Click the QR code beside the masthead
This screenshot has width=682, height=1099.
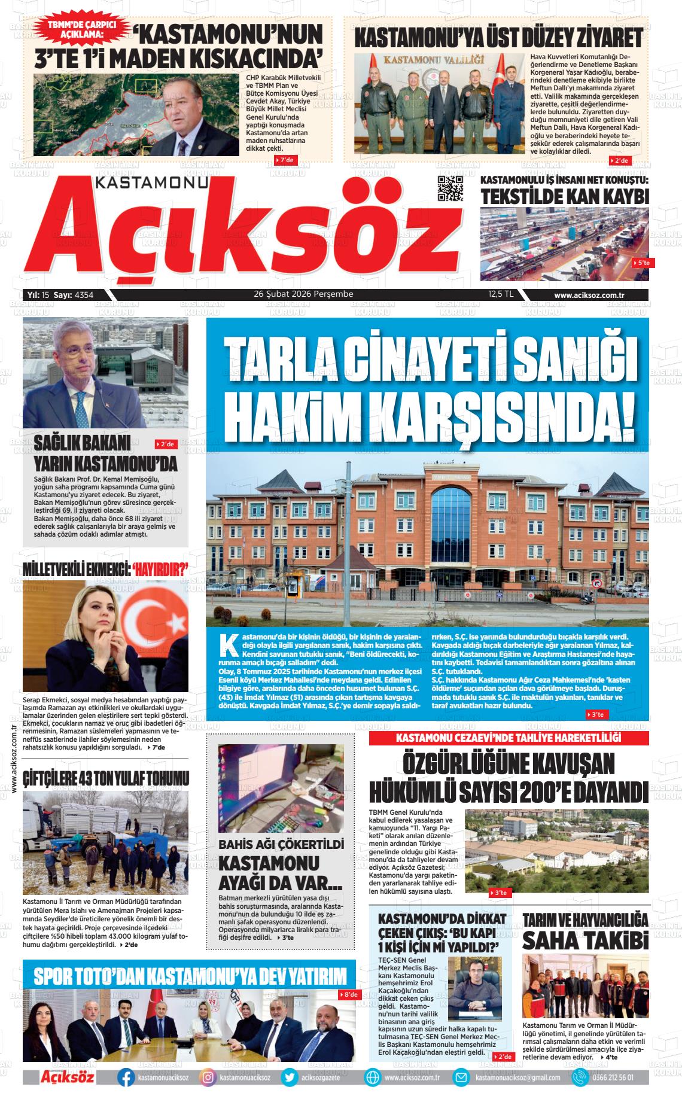pyautogui.click(x=450, y=189)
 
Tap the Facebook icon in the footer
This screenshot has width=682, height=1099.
pyautogui.click(x=126, y=1077)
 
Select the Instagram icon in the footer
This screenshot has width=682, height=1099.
pyautogui.click(x=208, y=1077)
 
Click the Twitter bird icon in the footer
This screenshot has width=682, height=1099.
pyautogui.click(x=290, y=1077)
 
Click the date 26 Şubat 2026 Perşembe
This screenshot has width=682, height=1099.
pyautogui.click(x=303, y=294)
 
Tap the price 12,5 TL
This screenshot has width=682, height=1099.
pyautogui.click(x=500, y=294)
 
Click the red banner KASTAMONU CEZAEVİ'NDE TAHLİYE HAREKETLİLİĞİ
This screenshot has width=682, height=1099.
pyautogui.click(x=509, y=738)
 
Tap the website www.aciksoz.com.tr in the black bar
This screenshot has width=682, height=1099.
pyautogui.click(x=589, y=295)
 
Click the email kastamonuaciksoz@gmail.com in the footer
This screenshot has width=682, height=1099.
pyautogui.click(x=517, y=1077)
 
